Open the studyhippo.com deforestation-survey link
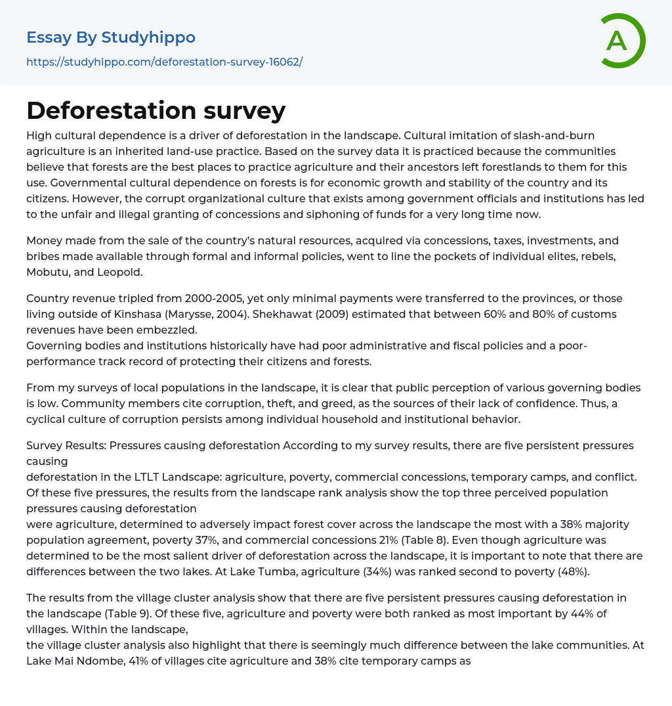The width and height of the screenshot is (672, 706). click(164, 62)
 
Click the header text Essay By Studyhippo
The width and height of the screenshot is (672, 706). click(111, 37)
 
